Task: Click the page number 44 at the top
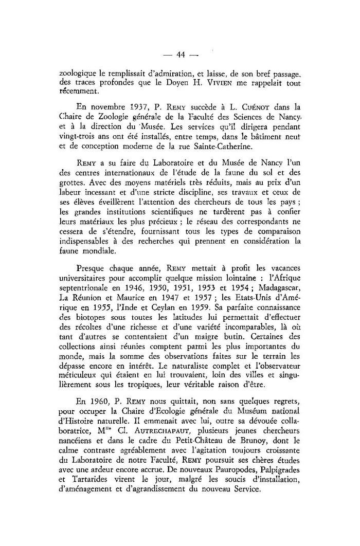point(180,55)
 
